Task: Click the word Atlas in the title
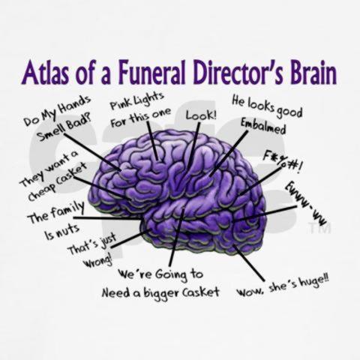click(x=46, y=72)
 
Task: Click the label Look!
click(x=201, y=115)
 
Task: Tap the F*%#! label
click(x=283, y=162)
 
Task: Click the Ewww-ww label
click(x=306, y=203)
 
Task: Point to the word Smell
click(x=50, y=133)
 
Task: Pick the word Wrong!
click(x=98, y=261)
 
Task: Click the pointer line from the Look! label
click(x=193, y=145)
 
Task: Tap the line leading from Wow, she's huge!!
click(x=249, y=262)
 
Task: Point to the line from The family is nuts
click(x=107, y=218)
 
